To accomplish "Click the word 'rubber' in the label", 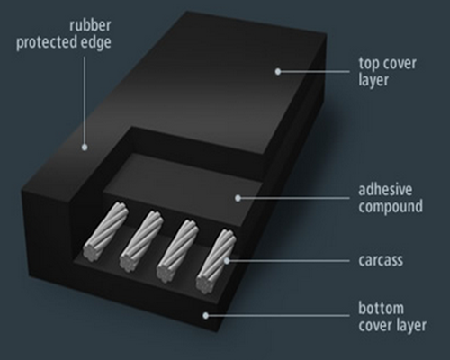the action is pyautogui.click(x=90, y=25).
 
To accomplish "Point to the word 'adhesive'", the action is pyautogui.click(x=385, y=190).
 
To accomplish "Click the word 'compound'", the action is pyautogui.click(x=391, y=207).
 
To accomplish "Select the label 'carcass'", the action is pyautogui.click(x=381, y=260).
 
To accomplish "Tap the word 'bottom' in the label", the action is pyautogui.click(x=382, y=308).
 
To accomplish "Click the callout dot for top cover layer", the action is pyautogui.click(x=278, y=71).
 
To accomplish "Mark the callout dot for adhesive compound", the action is pyautogui.click(x=238, y=198).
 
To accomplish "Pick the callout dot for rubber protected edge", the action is pyautogui.click(x=85, y=148).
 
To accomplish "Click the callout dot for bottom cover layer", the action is pyautogui.click(x=205, y=316).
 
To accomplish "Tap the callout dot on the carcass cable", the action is pyautogui.click(x=227, y=261).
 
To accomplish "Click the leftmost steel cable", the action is pyautogui.click(x=105, y=231).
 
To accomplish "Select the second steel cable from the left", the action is pyautogui.click(x=141, y=241).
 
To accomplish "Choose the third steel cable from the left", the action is pyautogui.click(x=177, y=251).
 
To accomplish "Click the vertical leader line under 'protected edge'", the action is pyautogui.click(x=85, y=101).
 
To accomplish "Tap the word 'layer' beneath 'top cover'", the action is pyautogui.click(x=373, y=80).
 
